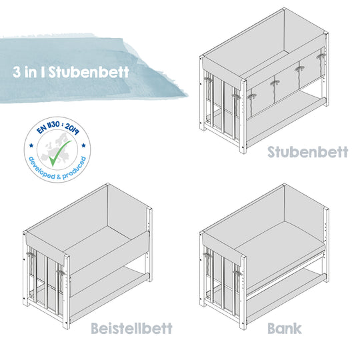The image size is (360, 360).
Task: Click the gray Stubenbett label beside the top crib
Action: [x=307, y=151]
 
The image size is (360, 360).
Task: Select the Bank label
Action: [x=284, y=328]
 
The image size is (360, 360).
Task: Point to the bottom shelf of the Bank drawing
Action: [x=280, y=283]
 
